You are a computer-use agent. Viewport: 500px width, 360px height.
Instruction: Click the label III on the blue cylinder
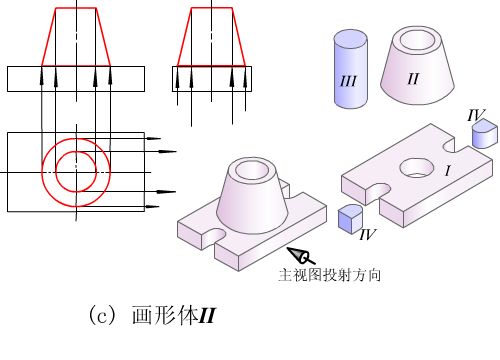348,81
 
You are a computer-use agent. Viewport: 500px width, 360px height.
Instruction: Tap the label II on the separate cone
413,79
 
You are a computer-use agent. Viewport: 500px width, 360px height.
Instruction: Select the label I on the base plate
448,171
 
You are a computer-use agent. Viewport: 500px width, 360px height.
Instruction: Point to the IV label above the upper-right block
476,115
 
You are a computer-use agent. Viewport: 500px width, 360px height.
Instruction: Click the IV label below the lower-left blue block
368,234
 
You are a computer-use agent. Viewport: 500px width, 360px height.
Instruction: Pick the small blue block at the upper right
485,134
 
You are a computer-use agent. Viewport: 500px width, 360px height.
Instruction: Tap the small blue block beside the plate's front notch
350,218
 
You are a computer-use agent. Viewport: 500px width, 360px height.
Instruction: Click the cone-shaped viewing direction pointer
301,256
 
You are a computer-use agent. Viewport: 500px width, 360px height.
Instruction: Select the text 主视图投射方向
330,275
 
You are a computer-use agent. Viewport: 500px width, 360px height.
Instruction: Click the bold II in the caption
207,315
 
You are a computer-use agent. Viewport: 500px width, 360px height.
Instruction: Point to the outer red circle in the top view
42,173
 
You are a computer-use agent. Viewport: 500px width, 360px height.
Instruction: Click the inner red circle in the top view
56,172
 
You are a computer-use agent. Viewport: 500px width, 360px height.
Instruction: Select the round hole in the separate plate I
417,168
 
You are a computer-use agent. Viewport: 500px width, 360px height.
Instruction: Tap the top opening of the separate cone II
417,40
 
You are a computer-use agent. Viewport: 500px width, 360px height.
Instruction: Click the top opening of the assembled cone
252,170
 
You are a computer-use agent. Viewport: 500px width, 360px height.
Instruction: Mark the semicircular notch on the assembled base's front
214,235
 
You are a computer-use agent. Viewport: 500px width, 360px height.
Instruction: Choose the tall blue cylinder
350,69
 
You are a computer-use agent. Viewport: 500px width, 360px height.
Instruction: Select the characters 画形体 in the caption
165,315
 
